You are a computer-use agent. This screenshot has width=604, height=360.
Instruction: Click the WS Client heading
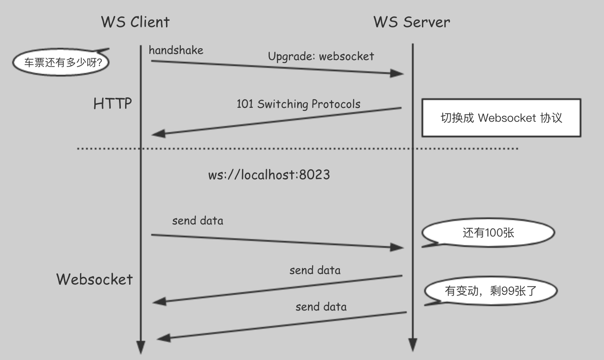[135, 22]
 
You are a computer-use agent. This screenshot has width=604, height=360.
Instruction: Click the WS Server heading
[412, 22]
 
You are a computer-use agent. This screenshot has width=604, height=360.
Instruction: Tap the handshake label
[176, 50]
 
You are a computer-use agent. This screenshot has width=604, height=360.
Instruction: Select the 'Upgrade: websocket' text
[321, 56]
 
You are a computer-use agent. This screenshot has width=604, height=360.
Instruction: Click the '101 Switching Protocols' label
[298, 104]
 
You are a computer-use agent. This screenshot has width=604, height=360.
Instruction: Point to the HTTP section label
[113, 104]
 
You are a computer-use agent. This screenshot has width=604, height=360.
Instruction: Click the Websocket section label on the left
[94, 279]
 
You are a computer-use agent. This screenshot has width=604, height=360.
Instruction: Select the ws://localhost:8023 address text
[269, 175]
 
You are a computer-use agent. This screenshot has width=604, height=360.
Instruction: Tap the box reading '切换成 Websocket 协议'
[501, 118]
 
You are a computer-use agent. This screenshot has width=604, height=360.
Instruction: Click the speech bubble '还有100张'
[488, 233]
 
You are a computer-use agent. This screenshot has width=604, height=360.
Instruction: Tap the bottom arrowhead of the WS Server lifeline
[412, 345]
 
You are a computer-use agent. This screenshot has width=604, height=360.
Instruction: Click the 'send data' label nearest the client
[198, 220]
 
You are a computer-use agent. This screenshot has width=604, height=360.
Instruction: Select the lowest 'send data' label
[321, 307]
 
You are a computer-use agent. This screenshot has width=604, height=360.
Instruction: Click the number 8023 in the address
[315, 175]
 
